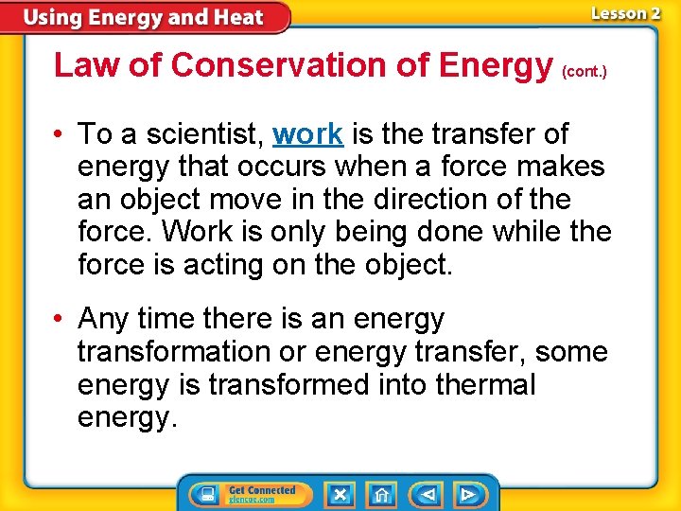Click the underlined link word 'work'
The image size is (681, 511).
click(x=307, y=134)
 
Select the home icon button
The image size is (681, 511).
click(x=382, y=495)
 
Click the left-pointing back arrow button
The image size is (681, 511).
click(x=428, y=495)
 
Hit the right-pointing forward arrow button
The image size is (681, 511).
click(x=468, y=495)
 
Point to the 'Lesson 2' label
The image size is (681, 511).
click(x=625, y=13)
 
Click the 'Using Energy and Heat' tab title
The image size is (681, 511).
click(x=144, y=18)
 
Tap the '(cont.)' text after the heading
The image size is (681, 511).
click(x=584, y=71)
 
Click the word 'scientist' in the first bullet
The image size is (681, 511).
click(x=201, y=134)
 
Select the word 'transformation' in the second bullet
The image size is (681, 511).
click(x=173, y=352)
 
